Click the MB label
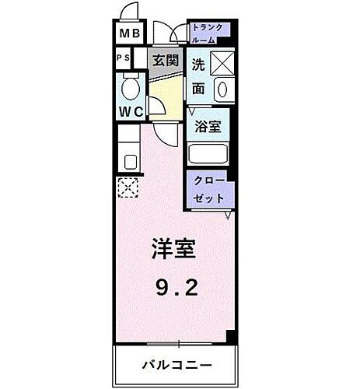pyautogui.click(x=128, y=34)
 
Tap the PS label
pyautogui.click(x=124, y=58)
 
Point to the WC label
pyautogui.click(x=130, y=111)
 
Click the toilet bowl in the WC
pyautogui.click(x=130, y=84)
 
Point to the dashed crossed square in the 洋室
pyautogui.click(x=126, y=187)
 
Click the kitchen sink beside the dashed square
pyautogui.click(x=130, y=162)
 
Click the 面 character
pyautogui.click(x=198, y=89)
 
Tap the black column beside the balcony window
pyautogui.click(x=230, y=336)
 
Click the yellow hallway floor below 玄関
pyautogui.click(x=164, y=97)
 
